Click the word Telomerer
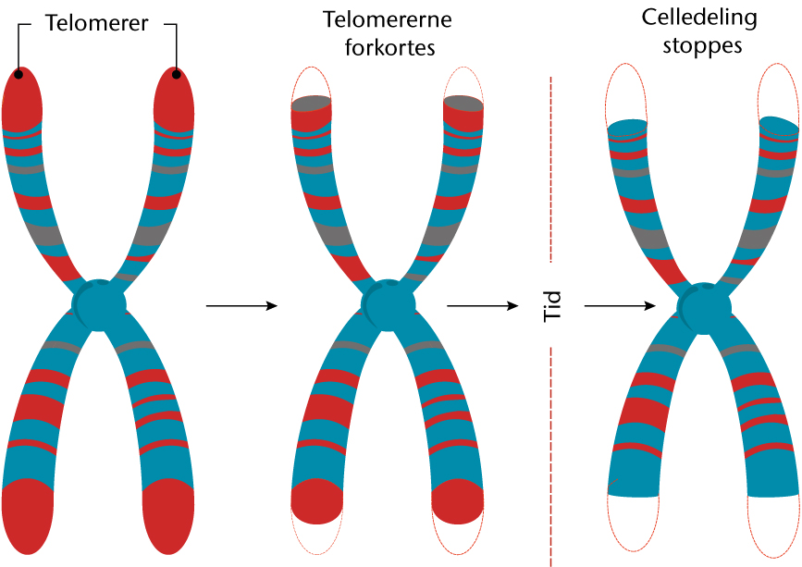tap(96, 24)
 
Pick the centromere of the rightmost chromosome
tap(704, 304)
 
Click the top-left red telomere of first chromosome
tap(22, 97)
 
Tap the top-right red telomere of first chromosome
tap(173, 97)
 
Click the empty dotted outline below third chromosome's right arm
tap(772, 527)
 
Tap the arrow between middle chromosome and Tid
tap(482, 305)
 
